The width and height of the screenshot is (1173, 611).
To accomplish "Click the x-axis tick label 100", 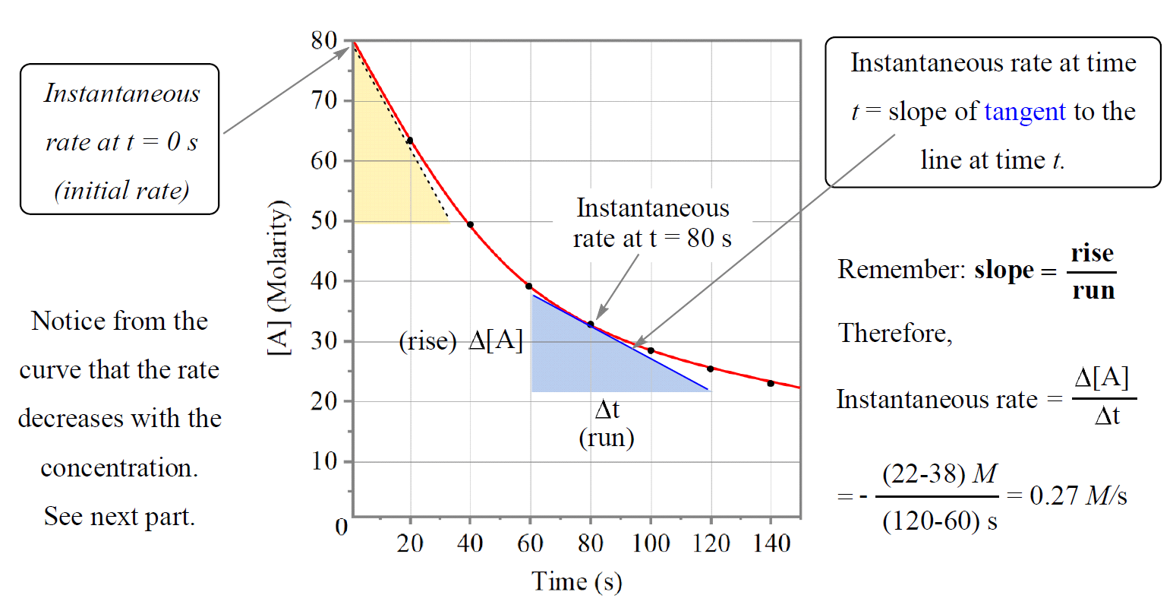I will click(x=651, y=543).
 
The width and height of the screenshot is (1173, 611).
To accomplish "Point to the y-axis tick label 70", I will click(x=323, y=100).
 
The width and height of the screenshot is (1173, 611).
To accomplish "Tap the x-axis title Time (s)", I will click(x=576, y=581).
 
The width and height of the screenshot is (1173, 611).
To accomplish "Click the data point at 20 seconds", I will click(x=410, y=141).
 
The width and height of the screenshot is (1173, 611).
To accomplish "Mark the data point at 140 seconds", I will click(x=771, y=383).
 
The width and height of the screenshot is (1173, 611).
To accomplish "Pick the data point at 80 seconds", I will click(x=591, y=324).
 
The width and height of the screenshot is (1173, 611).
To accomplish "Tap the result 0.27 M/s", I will click(x=1078, y=495).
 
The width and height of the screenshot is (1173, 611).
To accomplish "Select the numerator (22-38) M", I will click(x=939, y=474).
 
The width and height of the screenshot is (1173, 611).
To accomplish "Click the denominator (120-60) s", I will click(x=939, y=521).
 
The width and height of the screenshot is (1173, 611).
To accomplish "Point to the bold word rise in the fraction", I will click(x=1093, y=253).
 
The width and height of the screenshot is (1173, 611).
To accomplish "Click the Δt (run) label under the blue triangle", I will click(x=607, y=424).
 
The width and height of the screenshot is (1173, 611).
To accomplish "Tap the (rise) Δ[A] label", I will click(x=461, y=341).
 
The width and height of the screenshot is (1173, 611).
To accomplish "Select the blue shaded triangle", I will click(x=577, y=365).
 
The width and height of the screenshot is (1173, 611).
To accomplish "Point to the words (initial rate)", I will click(x=121, y=191).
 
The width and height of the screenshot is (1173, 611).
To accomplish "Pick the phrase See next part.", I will click(x=119, y=517).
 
